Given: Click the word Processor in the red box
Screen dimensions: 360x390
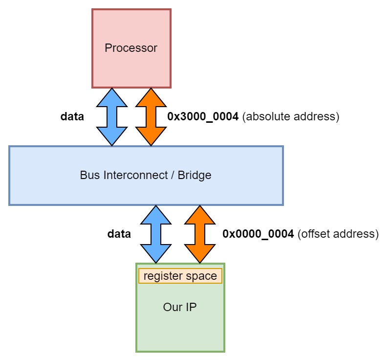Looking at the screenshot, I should click(x=131, y=48).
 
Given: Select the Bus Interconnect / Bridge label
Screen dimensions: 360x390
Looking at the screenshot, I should click(x=146, y=175).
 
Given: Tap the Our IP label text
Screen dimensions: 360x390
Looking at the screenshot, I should click(x=180, y=307).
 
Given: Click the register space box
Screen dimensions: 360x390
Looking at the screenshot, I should click(x=180, y=276).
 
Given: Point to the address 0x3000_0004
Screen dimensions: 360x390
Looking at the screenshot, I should click(x=203, y=117).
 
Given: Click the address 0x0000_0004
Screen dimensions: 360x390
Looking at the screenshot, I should click(x=258, y=234).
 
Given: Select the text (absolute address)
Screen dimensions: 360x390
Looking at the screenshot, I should click(x=290, y=117).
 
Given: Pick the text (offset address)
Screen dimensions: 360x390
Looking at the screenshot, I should click(x=338, y=234).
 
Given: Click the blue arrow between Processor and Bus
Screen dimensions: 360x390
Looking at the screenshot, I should click(x=112, y=117).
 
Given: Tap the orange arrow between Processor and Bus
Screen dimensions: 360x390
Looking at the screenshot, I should click(x=151, y=117).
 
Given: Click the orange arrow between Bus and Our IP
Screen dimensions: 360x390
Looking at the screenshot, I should click(x=199, y=234).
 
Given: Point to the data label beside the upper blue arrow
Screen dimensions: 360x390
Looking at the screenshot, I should click(x=72, y=117).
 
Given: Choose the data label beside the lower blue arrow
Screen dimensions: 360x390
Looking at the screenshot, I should click(x=119, y=234).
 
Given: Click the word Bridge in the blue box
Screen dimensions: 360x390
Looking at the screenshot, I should click(x=195, y=175).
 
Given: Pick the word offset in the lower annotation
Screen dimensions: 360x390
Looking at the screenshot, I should click(x=313, y=234).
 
